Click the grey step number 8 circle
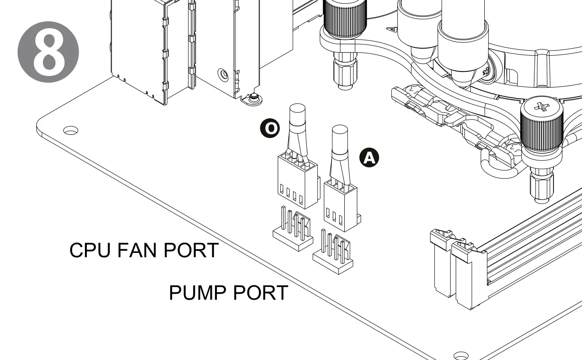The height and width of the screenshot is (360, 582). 48,52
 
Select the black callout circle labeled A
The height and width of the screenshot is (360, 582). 369,158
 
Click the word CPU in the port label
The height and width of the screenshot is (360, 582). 90,250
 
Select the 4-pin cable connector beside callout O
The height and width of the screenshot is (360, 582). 297,182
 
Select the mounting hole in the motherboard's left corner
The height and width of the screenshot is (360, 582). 71,131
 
